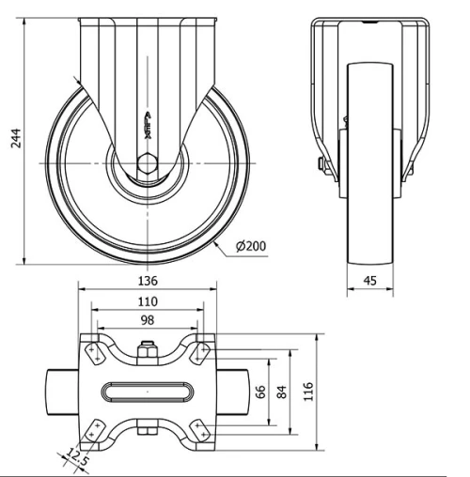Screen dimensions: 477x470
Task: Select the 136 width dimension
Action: click(148, 280)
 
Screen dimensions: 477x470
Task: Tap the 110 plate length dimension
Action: click(147, 301)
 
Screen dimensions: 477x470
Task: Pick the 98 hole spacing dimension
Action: click(147, 321)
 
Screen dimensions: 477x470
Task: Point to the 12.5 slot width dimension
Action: click(74, 459)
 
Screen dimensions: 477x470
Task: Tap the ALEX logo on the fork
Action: click(148, 121)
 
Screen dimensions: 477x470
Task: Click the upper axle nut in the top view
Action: click(147, 354)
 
